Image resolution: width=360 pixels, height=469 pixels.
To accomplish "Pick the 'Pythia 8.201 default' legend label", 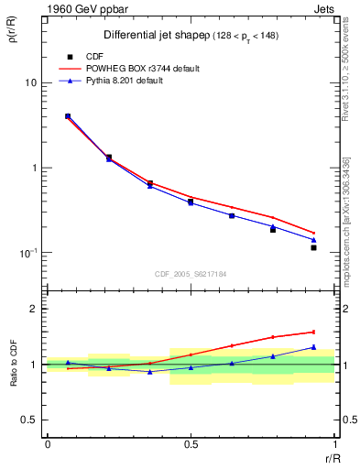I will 134,81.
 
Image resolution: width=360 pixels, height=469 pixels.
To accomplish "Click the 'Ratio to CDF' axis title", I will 13,364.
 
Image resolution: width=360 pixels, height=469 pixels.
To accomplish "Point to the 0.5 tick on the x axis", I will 191,444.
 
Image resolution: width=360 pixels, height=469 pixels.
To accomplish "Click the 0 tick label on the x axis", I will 47,444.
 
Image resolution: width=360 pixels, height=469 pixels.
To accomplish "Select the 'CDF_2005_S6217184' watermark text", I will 191,273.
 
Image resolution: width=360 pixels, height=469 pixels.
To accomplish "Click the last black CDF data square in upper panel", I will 313,247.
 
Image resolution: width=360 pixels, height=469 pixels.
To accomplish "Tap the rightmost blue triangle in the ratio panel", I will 313,347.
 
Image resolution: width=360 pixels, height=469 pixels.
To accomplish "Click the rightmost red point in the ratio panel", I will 313,332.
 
